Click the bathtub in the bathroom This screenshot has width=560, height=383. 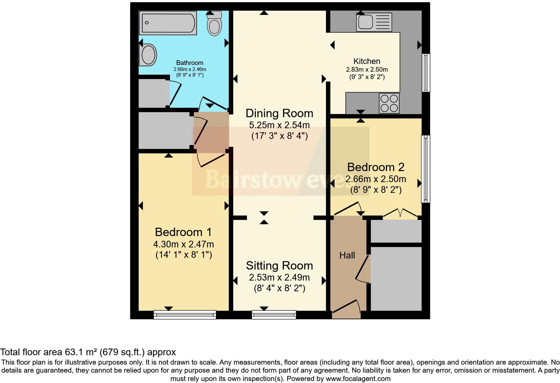[x=168, y=23]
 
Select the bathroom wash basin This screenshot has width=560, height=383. [x=149, y=55]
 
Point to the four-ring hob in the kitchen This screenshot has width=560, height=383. [x=389, y=103]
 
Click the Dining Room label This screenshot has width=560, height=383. [x=279, y=113]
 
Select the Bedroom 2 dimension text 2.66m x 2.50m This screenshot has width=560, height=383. [x=376, y=179]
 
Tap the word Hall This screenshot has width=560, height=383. [x=347, y=255]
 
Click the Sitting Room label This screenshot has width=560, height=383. [x=279, y=266]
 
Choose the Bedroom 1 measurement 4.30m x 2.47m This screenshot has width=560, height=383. [x=184, y=244]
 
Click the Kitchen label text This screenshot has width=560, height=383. [x=367, y=61]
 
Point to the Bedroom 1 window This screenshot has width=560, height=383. [x=185, y=314]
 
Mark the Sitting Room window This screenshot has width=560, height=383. [x=274, y=314]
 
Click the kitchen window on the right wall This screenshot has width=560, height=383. [x=426, y=73]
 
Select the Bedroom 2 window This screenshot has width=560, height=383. [x=426, y=169]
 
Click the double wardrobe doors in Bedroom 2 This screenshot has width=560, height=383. [x=401, y=214]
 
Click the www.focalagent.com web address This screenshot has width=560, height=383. [x=358, y=379]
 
